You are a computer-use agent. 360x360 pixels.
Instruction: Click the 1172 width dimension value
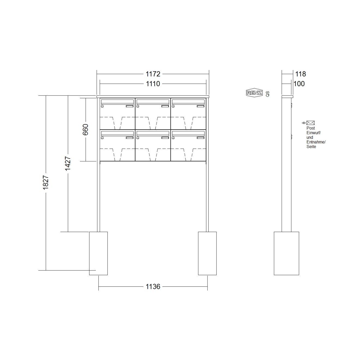coord(153,74)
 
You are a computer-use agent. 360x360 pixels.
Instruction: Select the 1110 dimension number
coord(153,84)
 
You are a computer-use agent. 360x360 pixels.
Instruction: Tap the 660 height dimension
coord(85,130)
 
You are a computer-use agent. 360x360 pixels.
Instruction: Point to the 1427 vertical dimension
coord(68,163)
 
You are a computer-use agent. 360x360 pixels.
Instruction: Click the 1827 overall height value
coord(46,182)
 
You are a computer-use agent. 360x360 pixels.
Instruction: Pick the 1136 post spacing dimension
coord(153,286)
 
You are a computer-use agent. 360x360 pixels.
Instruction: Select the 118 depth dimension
coord(300,74)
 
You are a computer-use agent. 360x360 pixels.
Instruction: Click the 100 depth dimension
coord(299,84)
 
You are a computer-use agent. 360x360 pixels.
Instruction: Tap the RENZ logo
coord(254,92)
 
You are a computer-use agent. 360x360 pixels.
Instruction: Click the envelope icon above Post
coord(310,123)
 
